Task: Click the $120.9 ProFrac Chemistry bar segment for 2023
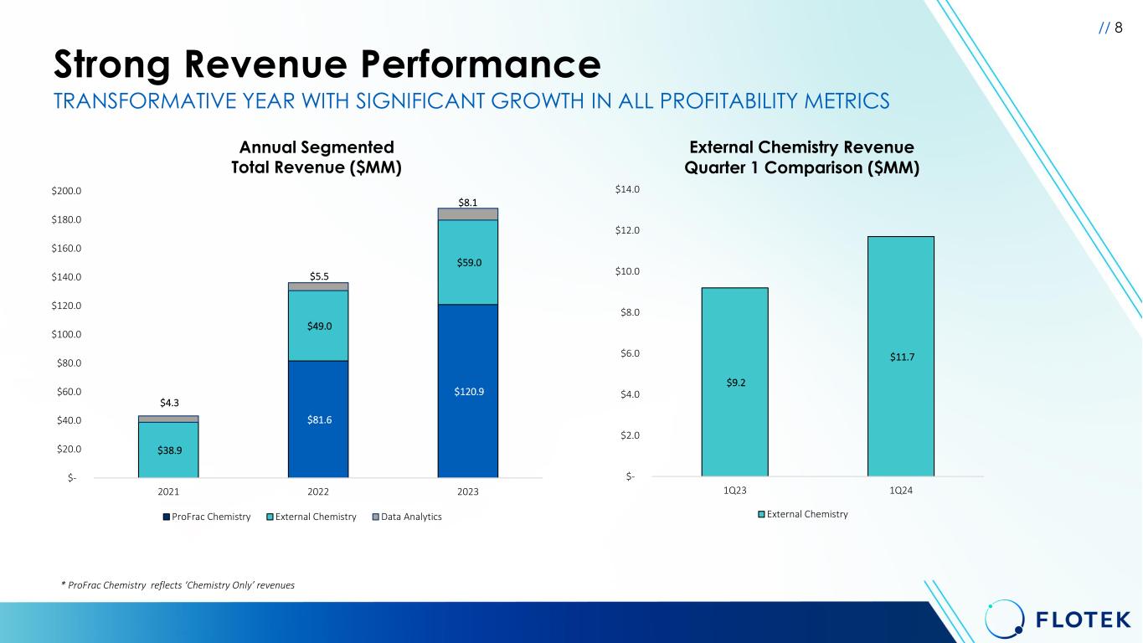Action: (x=467, y=391)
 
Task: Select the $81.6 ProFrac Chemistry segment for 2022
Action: (x=317, y=419)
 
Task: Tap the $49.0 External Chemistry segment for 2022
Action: (x=317, y=326)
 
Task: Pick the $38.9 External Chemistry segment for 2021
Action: (x=168, y=450)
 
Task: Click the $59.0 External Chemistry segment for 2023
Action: (x=467, y=262)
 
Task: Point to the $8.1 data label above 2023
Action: (x=467, y=202)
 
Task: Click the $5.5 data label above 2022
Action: (x=318, y=275)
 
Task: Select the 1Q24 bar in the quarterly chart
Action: (x=900, y=356)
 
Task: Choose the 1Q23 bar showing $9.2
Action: (x=734, y=382)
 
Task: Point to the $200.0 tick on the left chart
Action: (x=66, y=191)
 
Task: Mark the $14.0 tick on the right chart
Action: (x=626, y=190)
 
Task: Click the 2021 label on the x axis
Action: (x=168, y=491)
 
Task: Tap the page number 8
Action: (x=1119, y=28)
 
